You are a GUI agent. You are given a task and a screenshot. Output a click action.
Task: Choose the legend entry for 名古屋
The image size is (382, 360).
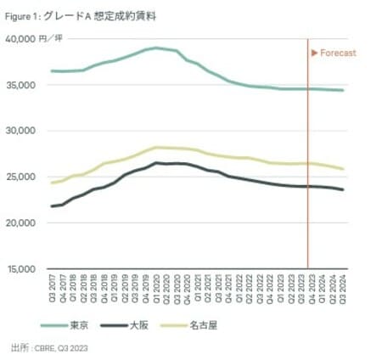tap(230, 324)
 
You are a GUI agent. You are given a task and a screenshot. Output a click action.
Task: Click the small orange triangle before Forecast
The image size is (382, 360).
tap(315, 53)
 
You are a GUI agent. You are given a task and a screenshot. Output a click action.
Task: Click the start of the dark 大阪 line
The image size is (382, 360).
tap(52, 206)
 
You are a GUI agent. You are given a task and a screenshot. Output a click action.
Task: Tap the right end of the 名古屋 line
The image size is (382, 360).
tap(343, 169)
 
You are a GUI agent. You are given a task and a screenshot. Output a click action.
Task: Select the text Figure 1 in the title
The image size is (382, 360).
tap(26, 15)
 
